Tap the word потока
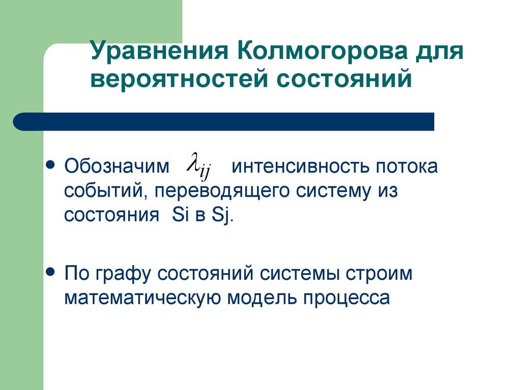[x=407, y=167]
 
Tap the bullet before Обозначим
[x=50, y=165]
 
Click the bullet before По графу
[x=50, y=272]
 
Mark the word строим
[x=380, y=274]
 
